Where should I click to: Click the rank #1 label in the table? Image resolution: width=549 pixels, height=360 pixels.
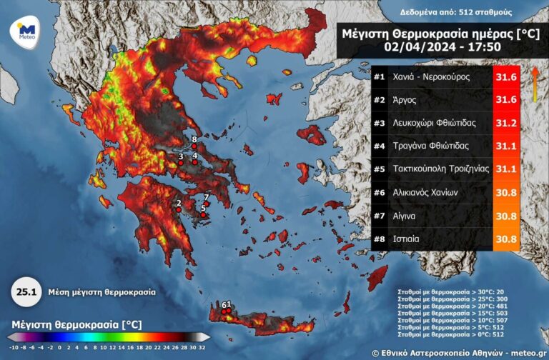379,76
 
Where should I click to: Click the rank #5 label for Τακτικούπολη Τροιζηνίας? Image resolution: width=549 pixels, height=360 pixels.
379,169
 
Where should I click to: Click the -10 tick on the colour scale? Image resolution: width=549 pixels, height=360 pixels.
12,348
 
